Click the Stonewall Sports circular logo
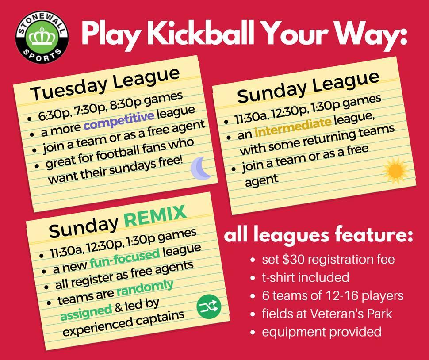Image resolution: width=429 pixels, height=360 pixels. [42, 37]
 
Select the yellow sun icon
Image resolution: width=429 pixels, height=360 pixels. [395, 171]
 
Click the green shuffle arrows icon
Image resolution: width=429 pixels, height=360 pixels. [209, 306]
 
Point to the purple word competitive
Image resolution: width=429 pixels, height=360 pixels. [119, 119]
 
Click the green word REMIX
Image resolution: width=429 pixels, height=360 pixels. [155, 216]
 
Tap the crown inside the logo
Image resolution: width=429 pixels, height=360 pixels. [42, 37]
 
